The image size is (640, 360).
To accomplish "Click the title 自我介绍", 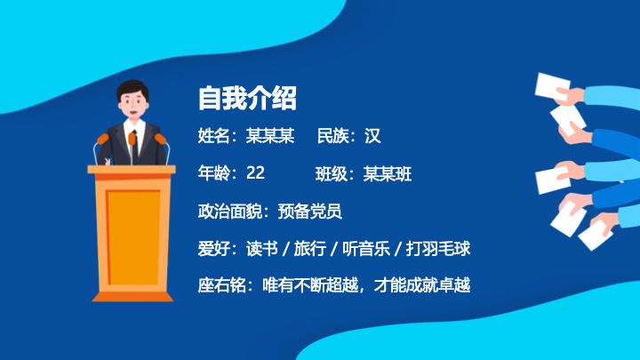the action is (x=247, y=98).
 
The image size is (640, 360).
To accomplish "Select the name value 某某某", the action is (x=270, y=135).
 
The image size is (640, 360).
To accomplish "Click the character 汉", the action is (x=372, y=135).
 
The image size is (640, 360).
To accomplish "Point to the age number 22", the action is (x=255, y=173).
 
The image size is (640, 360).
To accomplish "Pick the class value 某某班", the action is (x=388, y=173).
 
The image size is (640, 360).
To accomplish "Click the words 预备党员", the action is (x=310, y=211).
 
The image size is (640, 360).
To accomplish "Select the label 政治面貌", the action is (x=230, y=211).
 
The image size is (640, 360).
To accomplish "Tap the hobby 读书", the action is (x=262, y=249).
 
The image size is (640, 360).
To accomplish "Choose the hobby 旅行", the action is (x=310, y=249).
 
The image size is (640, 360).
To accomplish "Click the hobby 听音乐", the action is (x=366, y=249).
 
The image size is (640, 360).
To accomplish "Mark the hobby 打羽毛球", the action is (x=438, y=249).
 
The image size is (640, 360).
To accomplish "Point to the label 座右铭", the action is (x=221, y=285).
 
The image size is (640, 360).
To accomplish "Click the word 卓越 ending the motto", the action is (x=454, y=285).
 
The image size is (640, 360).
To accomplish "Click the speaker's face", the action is (x=133, y=103).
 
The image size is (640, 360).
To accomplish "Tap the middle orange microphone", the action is (x=132, y=139).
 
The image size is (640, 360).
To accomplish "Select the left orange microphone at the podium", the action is (x=102, y=140).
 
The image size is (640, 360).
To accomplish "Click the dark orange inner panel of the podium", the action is (x=133, y=237).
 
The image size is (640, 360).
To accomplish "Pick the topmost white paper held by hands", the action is (x=552, y=86).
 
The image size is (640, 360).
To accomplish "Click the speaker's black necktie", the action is (x=135, y=148).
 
